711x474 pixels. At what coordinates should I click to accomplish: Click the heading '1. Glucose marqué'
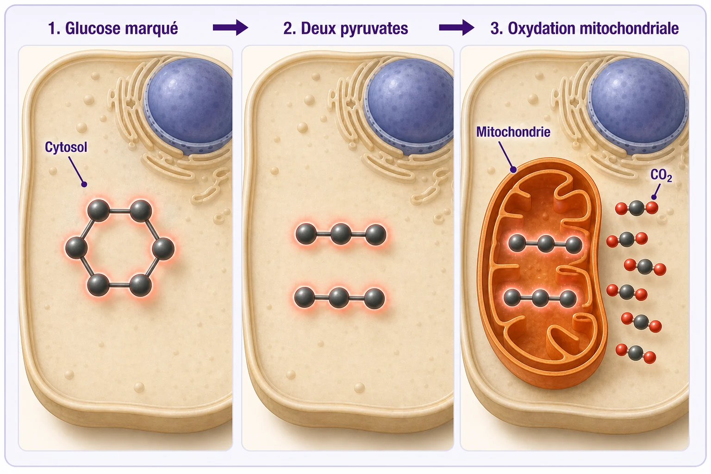[x=113, y=28]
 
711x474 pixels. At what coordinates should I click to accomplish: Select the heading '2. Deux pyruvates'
[x=346, y=28]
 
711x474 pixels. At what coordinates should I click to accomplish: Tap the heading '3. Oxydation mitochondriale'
[x=585, y=28]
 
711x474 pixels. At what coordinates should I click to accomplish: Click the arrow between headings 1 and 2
[x=231, y=28]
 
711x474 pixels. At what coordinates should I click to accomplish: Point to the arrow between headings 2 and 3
[x=457, y=28]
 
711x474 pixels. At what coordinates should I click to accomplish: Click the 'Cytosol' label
[x=66, y=147]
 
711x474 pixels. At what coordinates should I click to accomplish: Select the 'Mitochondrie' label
[x=513, y=132]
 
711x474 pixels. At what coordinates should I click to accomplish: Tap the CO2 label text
[x=661, y=175]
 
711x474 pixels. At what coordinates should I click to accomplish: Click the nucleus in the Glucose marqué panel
[x=189, y=104]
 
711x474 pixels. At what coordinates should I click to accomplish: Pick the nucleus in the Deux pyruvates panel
[x=410, y=104]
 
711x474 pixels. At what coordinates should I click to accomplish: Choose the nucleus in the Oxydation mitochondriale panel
[x=638, y=104]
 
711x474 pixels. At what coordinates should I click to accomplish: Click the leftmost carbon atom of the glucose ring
[x=76, y=248]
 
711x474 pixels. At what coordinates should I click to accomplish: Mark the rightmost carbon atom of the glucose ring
[x=163, y=249]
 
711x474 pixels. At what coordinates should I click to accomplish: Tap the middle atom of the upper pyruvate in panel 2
[x=341, y=234]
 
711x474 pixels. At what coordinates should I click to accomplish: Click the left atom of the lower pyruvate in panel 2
[x=305, y=297]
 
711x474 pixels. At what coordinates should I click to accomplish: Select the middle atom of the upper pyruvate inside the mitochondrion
[x=546, y=244]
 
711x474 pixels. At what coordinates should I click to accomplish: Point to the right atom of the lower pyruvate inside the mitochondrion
[x=568, y=299]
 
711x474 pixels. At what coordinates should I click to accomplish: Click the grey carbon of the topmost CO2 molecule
[x=636, y=208]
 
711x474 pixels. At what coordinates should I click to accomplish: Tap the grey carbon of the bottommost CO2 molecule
[x=636, y=353]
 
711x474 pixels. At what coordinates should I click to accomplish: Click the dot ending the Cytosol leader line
[x=84, y=184]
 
